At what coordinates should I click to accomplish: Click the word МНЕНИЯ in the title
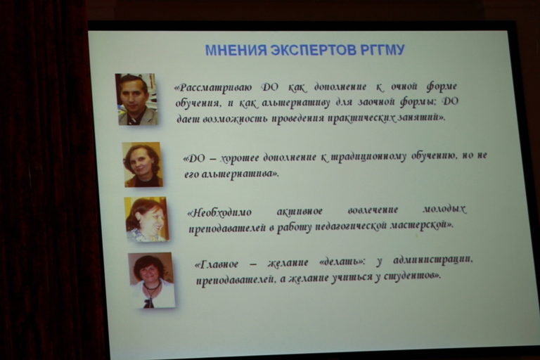[x=236, y=51]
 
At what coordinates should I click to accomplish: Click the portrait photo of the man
[x=136, y=99]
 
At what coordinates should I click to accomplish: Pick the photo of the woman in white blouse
[x=152, y=280]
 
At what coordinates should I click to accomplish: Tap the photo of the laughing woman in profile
[x=146, y=219]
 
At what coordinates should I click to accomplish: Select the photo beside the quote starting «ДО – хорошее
[x=142, y=165]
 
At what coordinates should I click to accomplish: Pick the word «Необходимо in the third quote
[x=219, y=212]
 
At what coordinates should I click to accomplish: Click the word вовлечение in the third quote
[x=373, y=210]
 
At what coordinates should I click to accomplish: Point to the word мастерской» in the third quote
[x=422, y=225]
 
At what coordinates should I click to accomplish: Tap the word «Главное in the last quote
[x=217, y=264]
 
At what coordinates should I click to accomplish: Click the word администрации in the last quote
[x=433, y=260]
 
